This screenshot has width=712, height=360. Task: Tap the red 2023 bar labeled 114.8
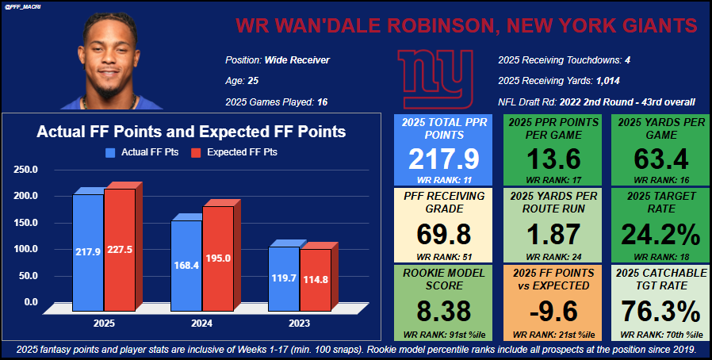click(x=315, y=279)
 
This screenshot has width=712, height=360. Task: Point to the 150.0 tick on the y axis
click(x=25, y=222)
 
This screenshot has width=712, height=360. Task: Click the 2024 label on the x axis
click(x=201, y=324)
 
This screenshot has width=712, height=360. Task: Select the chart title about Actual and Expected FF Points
click(x=191, y=132)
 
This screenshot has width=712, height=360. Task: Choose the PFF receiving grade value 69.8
click(x=443, y=235)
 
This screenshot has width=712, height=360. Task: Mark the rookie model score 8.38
click(x=443, y=310)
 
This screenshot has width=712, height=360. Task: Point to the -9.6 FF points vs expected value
click(x=552, y=310)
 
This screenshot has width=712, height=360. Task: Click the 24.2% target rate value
click(x=660, y=235)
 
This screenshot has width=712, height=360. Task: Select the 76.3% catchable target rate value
click(x=660, y=310)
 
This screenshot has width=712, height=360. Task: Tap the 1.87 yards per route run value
click(x=552, y=235)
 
